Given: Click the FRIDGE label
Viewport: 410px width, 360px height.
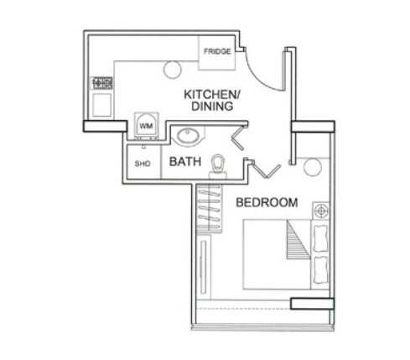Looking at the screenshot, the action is coord(217,51).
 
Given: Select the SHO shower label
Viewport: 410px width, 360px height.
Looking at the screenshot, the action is coord(143,164).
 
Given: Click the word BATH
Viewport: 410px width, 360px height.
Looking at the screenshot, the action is coord(185,162).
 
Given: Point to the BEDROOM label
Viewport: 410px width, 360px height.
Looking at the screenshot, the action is coord(267,202).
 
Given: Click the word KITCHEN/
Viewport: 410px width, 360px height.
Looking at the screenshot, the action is coord(212,95).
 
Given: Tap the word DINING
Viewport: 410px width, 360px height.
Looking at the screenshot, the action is coord(212,107).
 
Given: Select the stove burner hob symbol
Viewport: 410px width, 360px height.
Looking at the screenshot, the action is coord(102,83).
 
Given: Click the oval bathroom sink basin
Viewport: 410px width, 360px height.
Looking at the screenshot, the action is coord(188,136).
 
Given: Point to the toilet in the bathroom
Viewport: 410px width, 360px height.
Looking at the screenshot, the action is coord(218,167).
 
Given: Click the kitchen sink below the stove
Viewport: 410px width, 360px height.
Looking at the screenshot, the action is coord(102,105).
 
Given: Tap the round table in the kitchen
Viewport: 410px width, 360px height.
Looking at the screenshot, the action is coord(173,70).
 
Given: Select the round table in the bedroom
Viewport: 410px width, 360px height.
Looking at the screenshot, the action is coord(313,167).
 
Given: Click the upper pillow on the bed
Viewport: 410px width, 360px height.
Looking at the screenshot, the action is coord(320,238).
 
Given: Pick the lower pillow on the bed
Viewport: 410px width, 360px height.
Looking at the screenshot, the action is coord(320,269).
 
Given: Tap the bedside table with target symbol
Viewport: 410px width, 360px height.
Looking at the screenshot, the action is coord(321,211).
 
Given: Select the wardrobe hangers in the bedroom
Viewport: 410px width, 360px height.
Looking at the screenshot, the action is coord(209,208).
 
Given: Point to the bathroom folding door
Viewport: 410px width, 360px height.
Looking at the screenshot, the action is coord(238,138).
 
